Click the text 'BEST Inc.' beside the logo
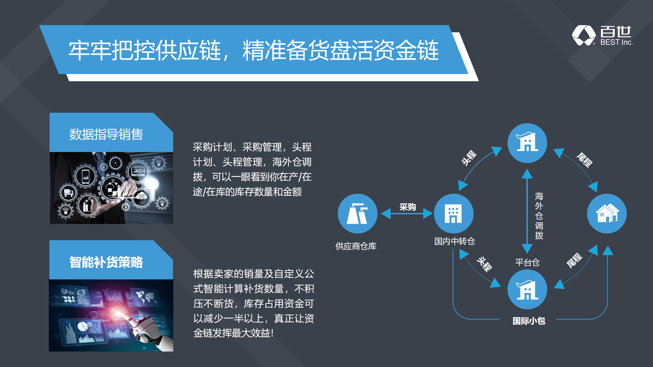coord(616,42)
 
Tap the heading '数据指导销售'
coord(106,134)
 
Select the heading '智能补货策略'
coord(106,262)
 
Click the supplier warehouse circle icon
coord(357,213)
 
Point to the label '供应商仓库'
coord(356,246)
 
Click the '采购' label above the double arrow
coord(408,207)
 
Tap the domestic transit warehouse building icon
coord(454,213)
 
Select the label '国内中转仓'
coord(455,241)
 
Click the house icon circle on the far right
coord(607,213)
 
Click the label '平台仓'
coord(527,262)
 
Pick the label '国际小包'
coord(529,321)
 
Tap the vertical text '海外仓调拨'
coord(539,216)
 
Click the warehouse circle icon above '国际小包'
coord(527,289)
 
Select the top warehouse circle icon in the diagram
coord(527,143)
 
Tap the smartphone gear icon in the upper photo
coord(86,176)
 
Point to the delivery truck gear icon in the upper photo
coord(68,192)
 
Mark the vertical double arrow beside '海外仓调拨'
coord(527,211)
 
